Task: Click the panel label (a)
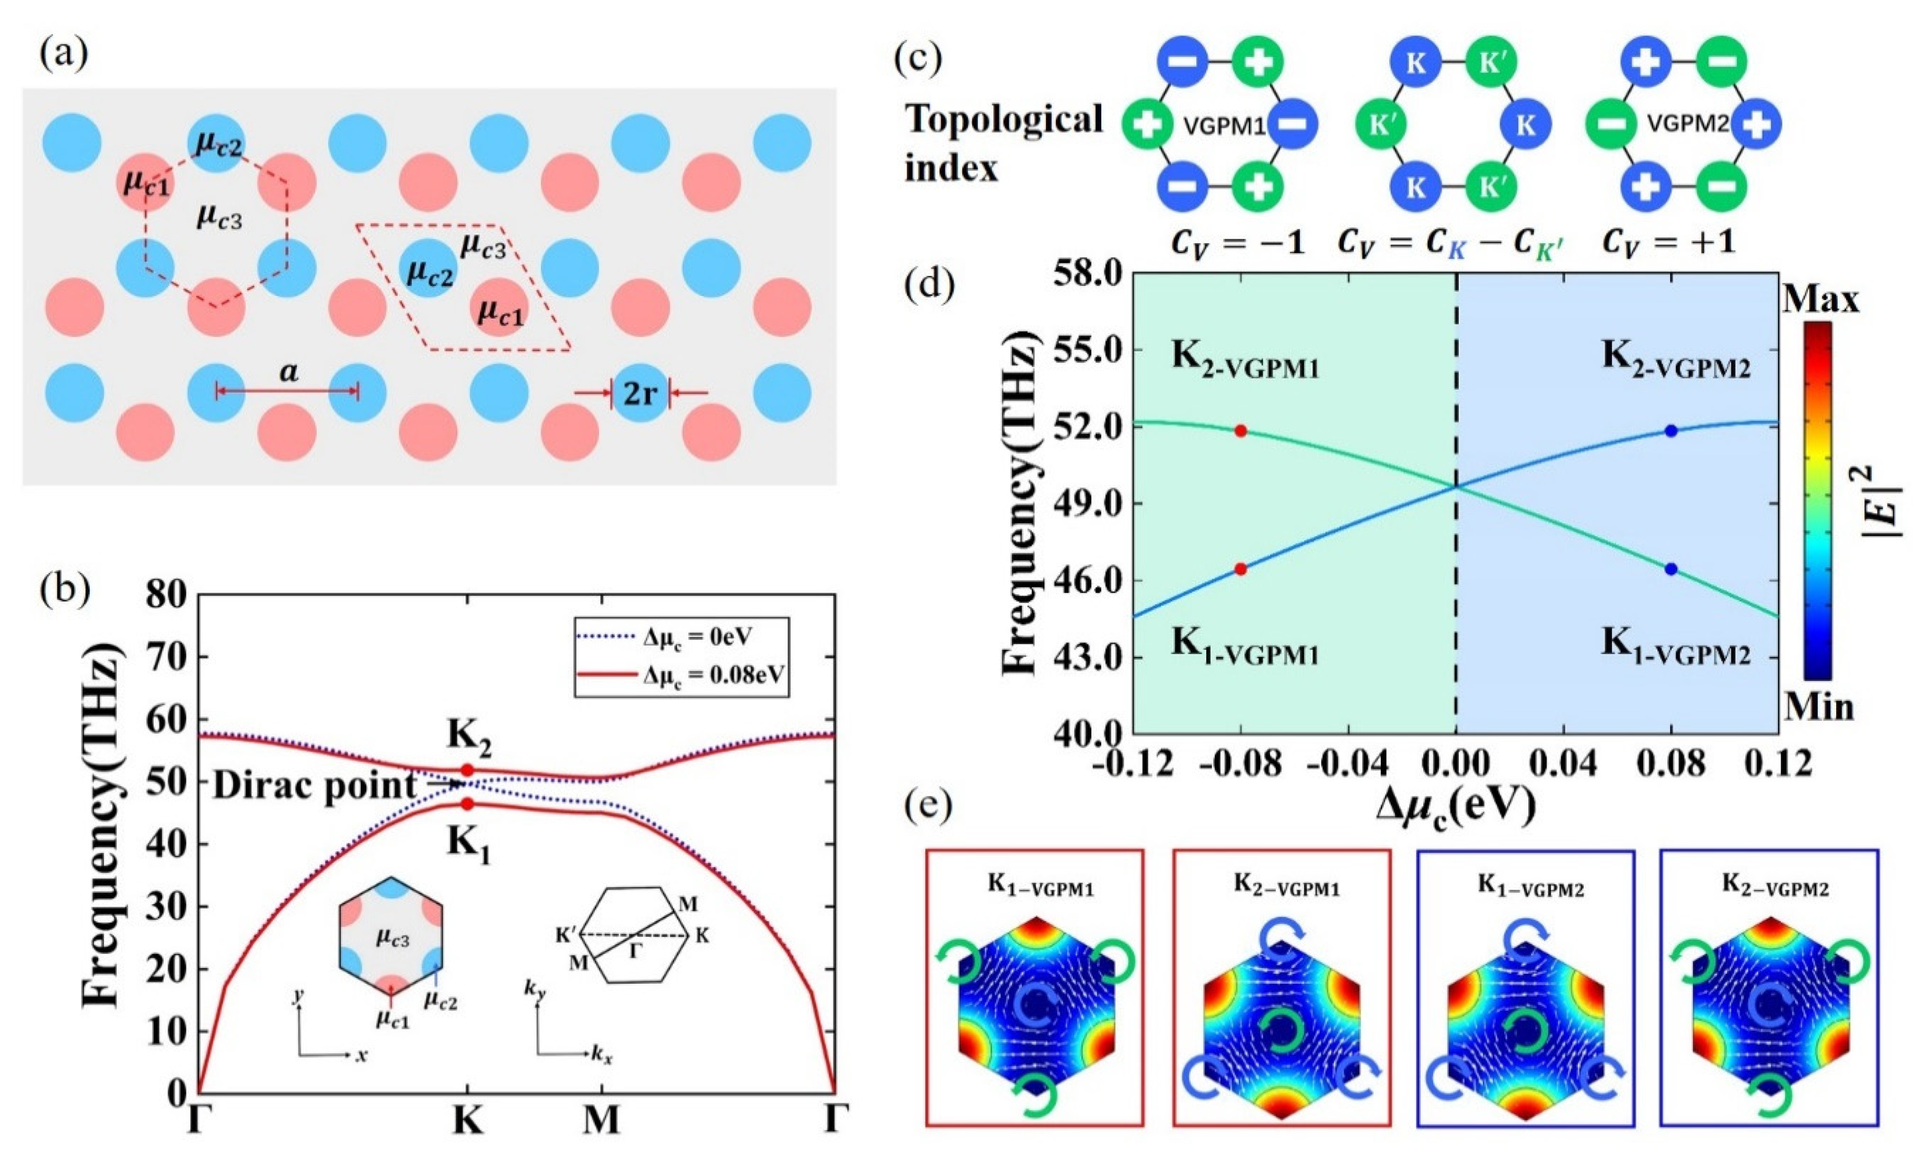(x=64, y=54)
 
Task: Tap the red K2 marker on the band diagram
(x=467, y=769)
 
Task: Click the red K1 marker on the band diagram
(x=467, y=804)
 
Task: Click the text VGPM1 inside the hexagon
(x=1224, y=125)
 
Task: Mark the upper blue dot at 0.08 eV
(x=1671, y=431)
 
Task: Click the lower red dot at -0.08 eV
(x=1241, y=569)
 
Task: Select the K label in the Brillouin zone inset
(x=702, y=937)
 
